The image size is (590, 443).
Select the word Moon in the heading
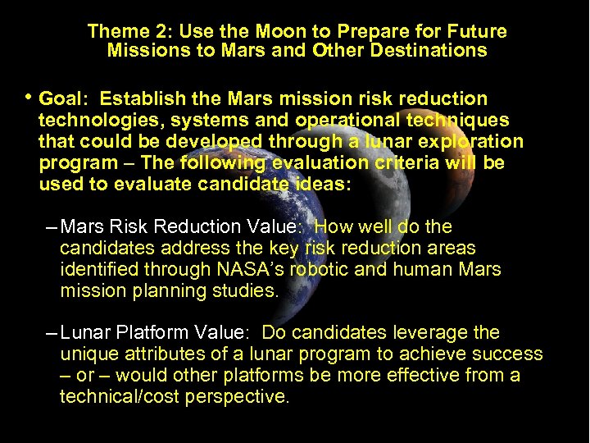(x=247, y=32)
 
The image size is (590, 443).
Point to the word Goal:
(x=64, y=99)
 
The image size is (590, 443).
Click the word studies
(x=249, y=290)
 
